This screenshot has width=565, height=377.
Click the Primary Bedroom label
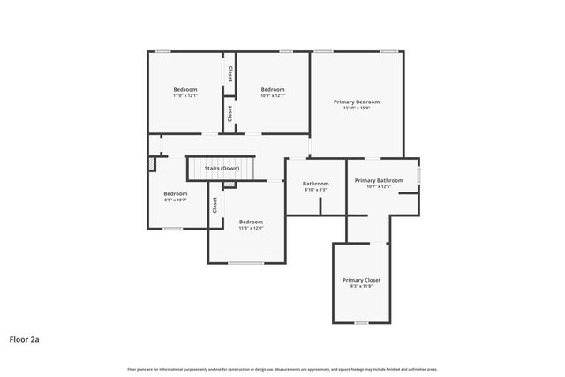(357, 102)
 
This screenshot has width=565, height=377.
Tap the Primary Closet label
(361, 280)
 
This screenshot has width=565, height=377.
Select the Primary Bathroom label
(379, 180)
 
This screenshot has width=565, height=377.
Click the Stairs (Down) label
(222, 168)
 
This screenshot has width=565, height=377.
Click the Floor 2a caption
(25, 338)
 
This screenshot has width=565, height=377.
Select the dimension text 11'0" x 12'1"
(185, 96)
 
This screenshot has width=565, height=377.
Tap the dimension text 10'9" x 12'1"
(273, 96)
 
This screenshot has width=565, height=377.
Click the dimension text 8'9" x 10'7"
(175, 200)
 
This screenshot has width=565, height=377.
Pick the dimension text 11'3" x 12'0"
(251, 228)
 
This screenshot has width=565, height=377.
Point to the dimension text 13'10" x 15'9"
(357, 109)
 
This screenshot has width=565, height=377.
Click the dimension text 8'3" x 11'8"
(361, 286)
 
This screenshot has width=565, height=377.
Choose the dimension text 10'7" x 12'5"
(379, 186)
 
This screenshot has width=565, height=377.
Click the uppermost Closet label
(230, 74)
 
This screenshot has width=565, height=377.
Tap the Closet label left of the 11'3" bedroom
(215, 205)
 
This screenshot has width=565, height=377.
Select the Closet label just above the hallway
(230, 114)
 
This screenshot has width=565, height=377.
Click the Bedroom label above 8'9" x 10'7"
(175, 193)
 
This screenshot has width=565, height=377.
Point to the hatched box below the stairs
(230, 185)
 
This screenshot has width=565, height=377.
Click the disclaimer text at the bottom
(282, 369)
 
